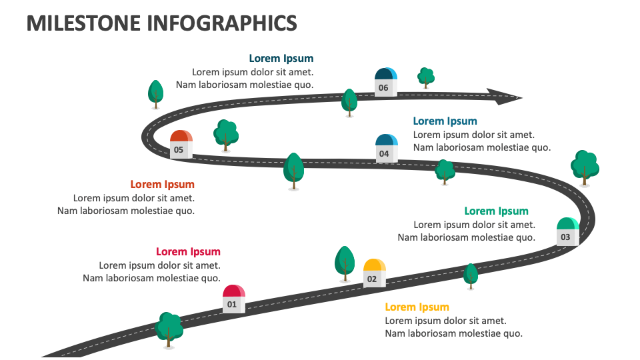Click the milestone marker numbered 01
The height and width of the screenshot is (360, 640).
point(234,299)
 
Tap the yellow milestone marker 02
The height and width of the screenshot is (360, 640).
point(374,273)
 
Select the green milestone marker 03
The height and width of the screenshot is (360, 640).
point(568,231)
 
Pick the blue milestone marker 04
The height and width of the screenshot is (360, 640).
point(387,148)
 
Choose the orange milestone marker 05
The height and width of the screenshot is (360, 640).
point(181,144)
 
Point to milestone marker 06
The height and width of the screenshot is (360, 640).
point(386,82)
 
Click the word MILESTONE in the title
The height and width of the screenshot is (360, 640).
point(84,23)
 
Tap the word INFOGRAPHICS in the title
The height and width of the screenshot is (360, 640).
point(222,23)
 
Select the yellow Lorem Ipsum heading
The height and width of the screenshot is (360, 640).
point(417,307)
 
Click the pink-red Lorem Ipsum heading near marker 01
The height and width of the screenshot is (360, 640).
point(188,251)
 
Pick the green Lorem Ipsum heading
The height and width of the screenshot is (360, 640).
point(496,211)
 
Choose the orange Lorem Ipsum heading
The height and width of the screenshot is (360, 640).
point(163,185)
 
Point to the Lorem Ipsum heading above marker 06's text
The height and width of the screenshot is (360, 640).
point(281,59)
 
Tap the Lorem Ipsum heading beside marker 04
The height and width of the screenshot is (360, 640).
point(445,121)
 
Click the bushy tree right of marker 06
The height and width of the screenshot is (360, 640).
point(426,77)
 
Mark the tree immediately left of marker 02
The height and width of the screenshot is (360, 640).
point(345,264)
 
